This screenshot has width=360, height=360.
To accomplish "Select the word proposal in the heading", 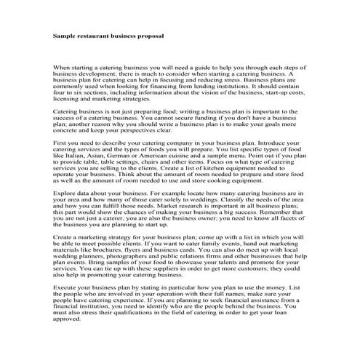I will coord(148,35).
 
